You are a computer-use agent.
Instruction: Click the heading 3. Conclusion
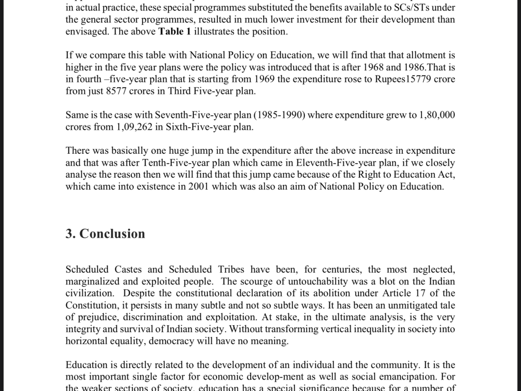(105, 234)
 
